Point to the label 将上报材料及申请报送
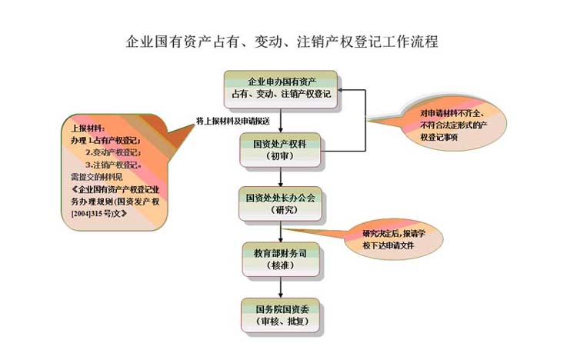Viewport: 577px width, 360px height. (232, 121)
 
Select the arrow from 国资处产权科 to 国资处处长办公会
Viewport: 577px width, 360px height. (280, 176)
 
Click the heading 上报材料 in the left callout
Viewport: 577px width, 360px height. (85, 128)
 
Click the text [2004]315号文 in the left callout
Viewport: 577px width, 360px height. (98, 212)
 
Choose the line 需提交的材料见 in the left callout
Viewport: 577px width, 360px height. (92, 176)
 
